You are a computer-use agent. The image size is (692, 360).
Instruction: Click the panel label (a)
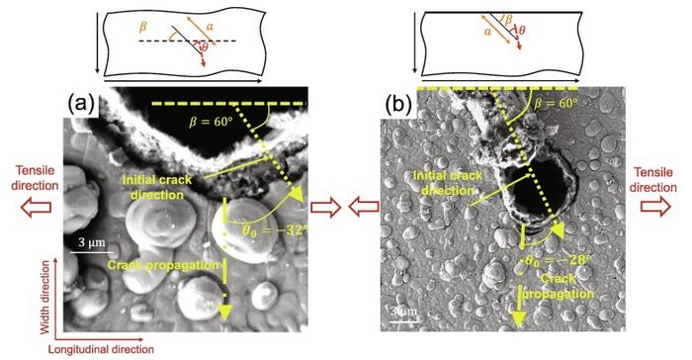[x=81, y=103]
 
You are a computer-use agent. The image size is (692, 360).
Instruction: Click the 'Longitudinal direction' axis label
[x=104, y=348]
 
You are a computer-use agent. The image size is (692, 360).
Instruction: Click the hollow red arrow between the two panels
[x=327, y=207]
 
